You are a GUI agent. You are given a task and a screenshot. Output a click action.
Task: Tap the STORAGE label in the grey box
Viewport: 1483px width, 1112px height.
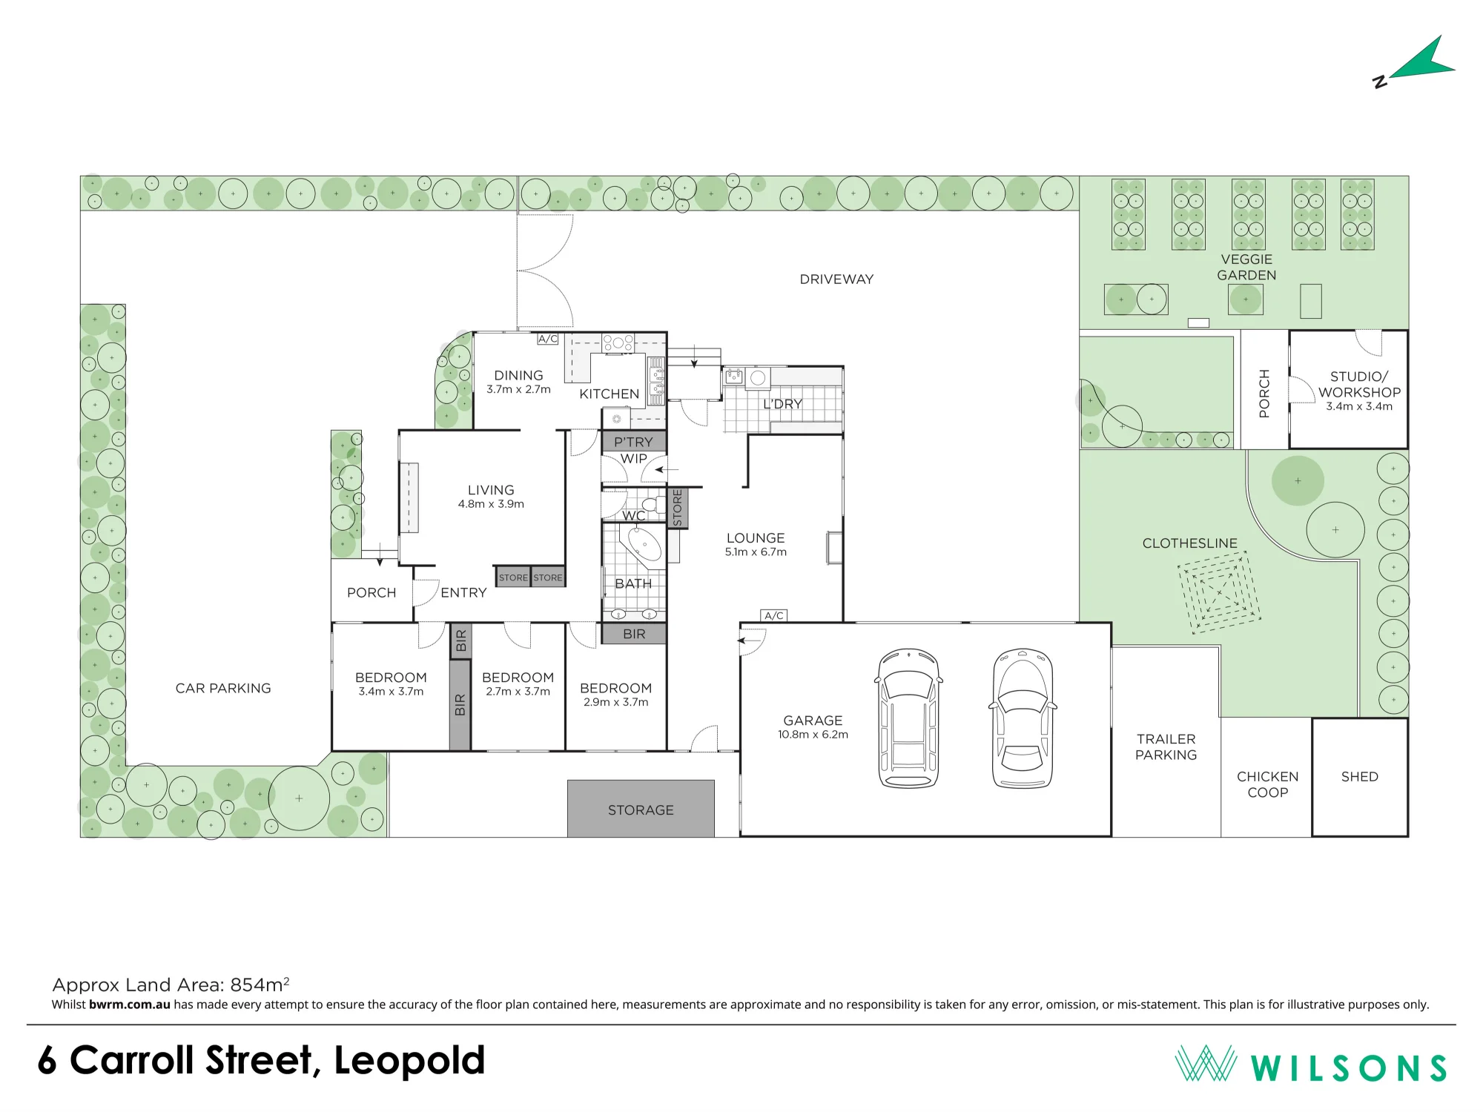[641, 810]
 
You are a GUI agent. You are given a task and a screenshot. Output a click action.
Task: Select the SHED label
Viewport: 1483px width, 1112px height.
[1359, 776]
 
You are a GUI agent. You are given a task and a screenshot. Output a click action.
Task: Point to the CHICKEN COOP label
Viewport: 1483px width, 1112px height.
[1267, 784]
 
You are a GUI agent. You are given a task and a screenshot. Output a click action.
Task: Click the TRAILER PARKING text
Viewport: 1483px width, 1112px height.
[1166, 747]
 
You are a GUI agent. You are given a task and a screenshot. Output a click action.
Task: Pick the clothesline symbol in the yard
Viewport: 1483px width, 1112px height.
[1219, 592]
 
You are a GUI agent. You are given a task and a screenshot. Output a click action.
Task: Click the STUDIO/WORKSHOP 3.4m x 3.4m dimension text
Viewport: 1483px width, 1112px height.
[1359, 406]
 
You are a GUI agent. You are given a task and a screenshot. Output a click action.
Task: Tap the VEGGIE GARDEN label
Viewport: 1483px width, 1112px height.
[1246, 267]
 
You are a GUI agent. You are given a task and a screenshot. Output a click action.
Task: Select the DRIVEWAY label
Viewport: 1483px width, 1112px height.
[836, 279]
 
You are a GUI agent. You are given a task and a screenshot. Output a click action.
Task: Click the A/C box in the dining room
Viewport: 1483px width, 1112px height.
[548, 339]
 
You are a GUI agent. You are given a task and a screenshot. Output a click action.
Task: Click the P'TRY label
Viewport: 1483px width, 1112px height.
[633, 442]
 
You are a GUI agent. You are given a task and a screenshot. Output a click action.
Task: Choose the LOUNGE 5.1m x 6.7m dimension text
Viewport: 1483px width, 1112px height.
[756, 552]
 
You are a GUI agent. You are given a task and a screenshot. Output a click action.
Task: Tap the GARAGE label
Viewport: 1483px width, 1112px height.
[813, 721]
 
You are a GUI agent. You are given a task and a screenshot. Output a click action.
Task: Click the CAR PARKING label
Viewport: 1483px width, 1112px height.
[223, 688]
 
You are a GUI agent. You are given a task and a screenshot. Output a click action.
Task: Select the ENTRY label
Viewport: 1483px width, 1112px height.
[463, 592]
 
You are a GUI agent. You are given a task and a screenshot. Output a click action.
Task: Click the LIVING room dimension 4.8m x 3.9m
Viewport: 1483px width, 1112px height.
[491, 504]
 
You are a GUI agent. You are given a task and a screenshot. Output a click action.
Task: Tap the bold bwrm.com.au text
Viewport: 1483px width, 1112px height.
[130, 1005]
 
